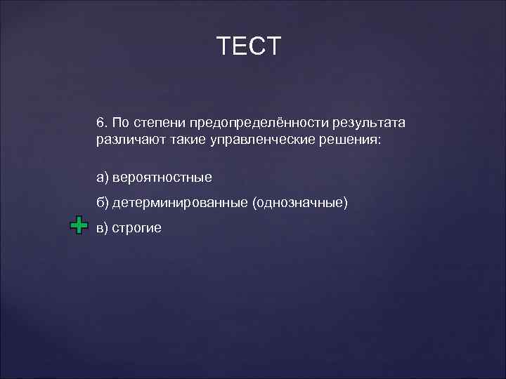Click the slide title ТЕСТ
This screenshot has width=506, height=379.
pyautogui.click(x=249, y=46)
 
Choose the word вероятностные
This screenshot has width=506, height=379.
pyautogui.click(x=162, y=177)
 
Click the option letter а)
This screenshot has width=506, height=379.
pyautogui.click(x=103, y=177)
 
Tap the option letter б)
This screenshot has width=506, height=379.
pyautogui.click(x=103, y=202)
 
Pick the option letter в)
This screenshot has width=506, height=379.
pyautogui.click(x=103, y=227)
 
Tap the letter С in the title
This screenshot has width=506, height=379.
pyautogui.click(x=258, y=46)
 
